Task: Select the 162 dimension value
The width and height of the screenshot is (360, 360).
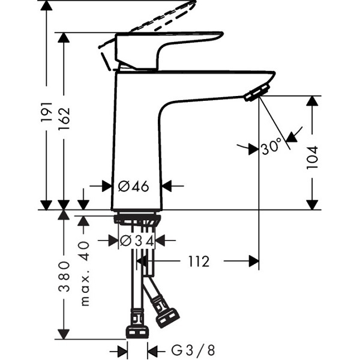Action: coord(64,118)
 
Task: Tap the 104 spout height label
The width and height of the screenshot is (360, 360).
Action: coord(313,157)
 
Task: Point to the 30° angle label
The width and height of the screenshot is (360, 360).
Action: coord(271,146)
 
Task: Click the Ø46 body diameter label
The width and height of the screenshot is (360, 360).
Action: coord(133,186)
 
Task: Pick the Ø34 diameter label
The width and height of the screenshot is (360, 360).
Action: coord(137,241)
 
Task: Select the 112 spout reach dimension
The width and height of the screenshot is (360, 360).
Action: coord(199,261)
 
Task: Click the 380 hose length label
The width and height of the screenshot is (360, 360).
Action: coord(64,276)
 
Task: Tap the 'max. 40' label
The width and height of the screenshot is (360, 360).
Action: coord(85,273)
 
